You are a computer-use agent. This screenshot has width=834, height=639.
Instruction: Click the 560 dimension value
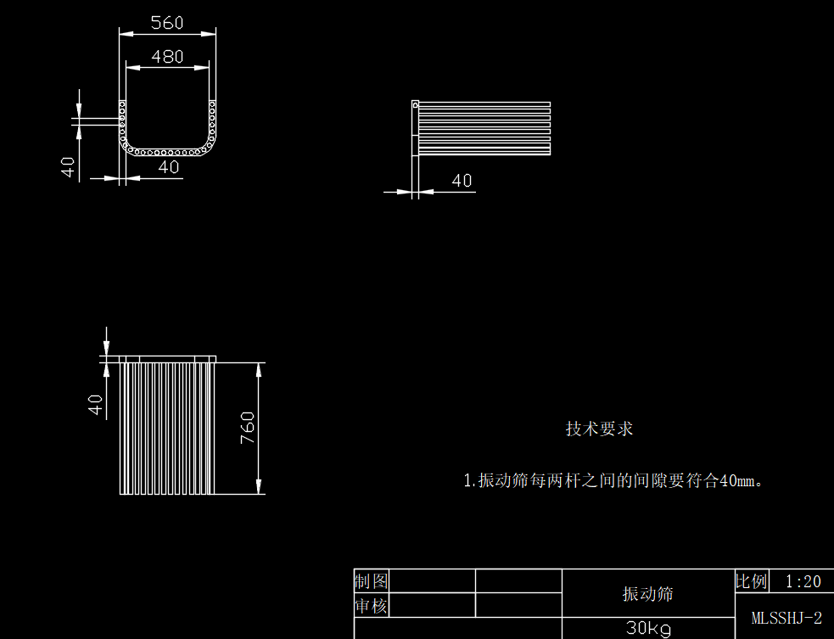tap(167, 23)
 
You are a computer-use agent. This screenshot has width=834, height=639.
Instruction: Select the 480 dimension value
tap(167, 57)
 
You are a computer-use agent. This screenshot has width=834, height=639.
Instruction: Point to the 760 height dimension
tap(247, 428)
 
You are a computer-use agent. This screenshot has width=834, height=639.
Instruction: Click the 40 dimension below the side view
tap(462, 181)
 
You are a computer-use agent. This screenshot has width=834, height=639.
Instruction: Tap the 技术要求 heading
tap(599, 429)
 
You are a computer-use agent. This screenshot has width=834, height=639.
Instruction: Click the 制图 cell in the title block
tap(371, 581)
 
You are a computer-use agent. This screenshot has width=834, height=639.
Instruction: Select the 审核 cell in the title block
tap(371, 606)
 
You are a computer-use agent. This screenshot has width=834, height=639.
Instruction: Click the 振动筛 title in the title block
tap(647, 594)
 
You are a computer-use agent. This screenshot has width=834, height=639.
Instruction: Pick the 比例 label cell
tap(751, 581)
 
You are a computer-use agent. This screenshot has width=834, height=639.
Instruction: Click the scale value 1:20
tap(803, 581)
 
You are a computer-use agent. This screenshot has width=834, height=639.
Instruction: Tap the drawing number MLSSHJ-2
tap(786, 618)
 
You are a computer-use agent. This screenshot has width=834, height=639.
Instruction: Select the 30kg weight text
tap(648, 629)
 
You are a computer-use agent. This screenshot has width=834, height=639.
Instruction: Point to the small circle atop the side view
tap(415, 105)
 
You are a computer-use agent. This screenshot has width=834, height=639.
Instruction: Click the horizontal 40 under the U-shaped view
tap(169, 167)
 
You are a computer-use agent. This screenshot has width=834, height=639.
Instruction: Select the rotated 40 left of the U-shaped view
tap(69, 166)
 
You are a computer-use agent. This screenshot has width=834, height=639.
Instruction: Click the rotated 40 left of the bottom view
tap(97, 405)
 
